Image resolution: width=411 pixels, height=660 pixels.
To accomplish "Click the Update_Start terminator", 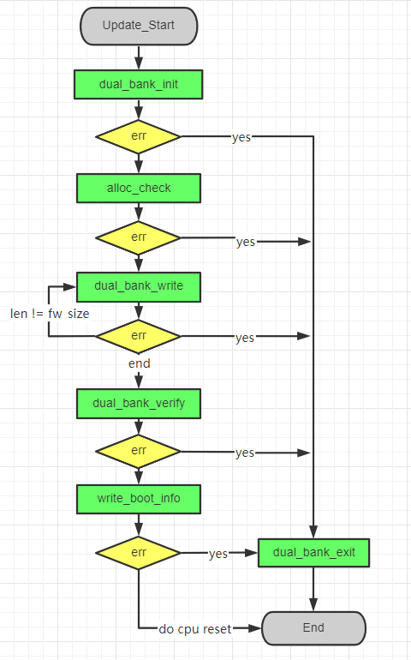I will pos(139,26).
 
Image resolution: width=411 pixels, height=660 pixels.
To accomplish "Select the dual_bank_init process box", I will pos(139,84).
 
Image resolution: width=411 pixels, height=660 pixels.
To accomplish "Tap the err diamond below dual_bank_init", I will pos(139,136).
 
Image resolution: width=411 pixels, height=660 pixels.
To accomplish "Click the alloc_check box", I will pos(139,188).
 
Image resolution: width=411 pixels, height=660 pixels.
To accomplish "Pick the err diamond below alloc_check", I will pos(139,237).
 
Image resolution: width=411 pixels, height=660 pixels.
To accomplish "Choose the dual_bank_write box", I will pos(139,286).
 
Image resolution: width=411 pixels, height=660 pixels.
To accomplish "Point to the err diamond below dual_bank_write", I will pos(139,336).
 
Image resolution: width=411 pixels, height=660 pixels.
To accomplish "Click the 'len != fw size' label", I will pos(50,314).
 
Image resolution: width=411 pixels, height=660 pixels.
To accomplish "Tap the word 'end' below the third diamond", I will pos(139,363).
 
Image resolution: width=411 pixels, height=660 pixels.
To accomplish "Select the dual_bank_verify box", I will pos(139,402).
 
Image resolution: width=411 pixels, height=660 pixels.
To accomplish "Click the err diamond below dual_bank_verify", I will pos(139,451).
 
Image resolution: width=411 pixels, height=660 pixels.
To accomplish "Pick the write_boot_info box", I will pos(139,498).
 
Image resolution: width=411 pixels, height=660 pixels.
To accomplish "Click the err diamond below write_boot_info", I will pos(139,553).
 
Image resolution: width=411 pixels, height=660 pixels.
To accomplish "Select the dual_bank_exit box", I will pos(313,553).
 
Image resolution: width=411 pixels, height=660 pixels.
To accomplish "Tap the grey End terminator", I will pos(313,627).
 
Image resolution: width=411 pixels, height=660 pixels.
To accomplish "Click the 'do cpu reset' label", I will pos(194,628).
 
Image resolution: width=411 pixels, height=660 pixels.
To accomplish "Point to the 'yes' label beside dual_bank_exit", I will pos(218,554).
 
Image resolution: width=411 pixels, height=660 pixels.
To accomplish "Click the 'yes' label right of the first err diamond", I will pos(241,137).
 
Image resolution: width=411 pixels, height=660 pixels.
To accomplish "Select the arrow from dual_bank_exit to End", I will pos(313,589).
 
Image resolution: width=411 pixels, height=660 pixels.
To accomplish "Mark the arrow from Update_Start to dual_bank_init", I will pos(139,56).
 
